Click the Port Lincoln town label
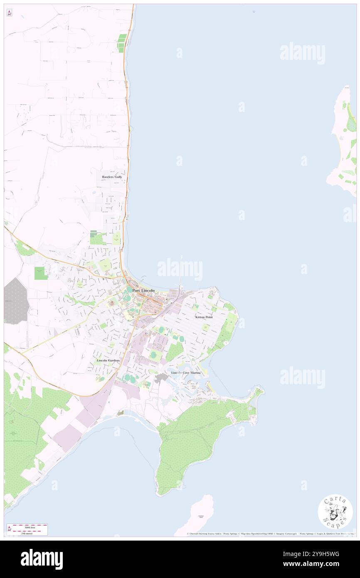pos(143,290)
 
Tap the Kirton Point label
pos(204,317)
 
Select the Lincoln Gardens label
pos(108,360)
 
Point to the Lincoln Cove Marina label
pos(186,373)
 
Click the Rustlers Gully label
pos(112,177)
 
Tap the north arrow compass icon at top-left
pos(9,12)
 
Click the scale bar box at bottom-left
pos(27,529)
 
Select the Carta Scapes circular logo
pos(335,511)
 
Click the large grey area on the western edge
pos(16,300)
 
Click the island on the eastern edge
pos(344,137)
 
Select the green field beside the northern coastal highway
pos(121,43)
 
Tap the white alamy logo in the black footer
pos(42,559)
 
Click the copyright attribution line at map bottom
pos(270,534)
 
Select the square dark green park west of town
pos(39,273)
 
